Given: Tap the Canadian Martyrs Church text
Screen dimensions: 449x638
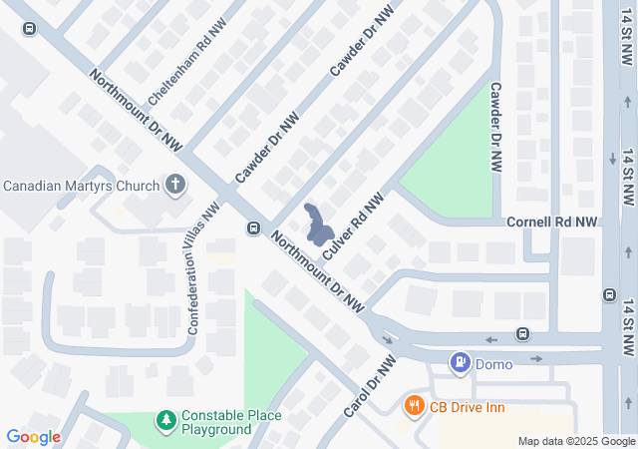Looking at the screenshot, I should click(82, 186).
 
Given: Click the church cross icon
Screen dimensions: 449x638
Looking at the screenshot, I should click(175, 185).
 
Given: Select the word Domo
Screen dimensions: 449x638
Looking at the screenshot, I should click(493, 364).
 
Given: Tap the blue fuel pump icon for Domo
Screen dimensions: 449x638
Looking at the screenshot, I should click(460, 363).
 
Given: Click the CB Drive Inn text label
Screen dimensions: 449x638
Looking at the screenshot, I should click(467, 406).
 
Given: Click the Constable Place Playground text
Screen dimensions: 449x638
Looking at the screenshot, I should click(231, 422).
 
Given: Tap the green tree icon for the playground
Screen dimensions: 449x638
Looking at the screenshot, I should click(165, 422).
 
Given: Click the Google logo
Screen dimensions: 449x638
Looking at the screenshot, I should click(33, 437).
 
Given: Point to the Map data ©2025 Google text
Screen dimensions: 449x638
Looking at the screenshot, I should click(576, 441).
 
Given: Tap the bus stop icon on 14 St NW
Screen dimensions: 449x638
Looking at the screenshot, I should click(608, 294).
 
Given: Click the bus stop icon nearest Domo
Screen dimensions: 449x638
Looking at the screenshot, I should click(522, 333).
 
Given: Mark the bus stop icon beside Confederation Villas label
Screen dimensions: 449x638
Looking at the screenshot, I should click(253, 228).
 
